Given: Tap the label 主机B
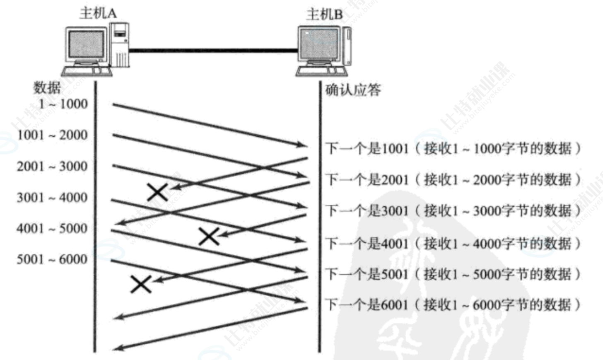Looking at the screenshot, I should click(x=324, y=14).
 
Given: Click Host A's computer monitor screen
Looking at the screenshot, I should click(x=86, y=44).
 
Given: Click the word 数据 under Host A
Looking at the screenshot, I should click(x=47, y=87).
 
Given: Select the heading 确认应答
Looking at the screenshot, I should click(x=353, y=90).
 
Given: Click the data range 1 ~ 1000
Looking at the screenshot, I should click(x=63, y=104).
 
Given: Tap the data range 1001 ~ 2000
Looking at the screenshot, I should click(x=52, y=135).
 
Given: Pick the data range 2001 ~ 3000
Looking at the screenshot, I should click(x=52, y=166).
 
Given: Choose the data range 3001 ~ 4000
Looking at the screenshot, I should click(x=52, y=197).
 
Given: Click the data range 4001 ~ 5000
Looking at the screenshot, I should click(x=52, y=228).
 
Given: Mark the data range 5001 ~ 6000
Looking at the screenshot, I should click(x=52, y=259).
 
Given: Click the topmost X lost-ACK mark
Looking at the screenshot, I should click(x=157, y=192).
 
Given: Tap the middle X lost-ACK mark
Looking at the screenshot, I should click(x=209, y=236).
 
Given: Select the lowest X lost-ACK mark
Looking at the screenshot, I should click(x=141, y=284).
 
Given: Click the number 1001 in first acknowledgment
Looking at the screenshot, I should click(x=395, y=148).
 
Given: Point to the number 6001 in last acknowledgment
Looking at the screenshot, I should click(x=395, y=304).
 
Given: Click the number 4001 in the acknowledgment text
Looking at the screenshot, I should click(x=395, y=243).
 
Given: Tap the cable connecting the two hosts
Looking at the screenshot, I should click(x=213, y=51).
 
